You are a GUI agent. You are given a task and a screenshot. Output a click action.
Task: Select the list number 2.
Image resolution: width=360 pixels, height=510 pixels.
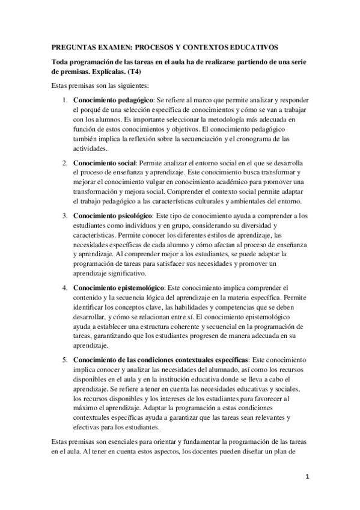pos(65,163)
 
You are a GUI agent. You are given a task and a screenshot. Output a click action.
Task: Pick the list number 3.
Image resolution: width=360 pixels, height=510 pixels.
pos(65,215)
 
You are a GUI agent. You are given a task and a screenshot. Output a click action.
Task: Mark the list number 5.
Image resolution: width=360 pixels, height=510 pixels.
pos(65,359)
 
